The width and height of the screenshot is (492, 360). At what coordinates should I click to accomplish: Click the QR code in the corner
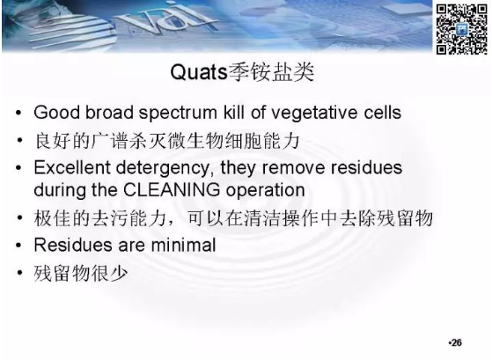pyautogui.click(x=461, y=29)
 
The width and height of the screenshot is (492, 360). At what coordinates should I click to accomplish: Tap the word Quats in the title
pyautogui.click(x=199, y=72)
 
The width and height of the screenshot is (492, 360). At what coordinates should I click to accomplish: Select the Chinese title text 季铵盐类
pyautogui.click(x=271, y=72)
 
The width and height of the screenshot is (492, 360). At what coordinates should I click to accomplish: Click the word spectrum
pyautogui.click(x=178, y=114)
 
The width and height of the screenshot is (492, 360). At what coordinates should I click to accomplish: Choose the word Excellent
pyautogui.click(x=72, y=167)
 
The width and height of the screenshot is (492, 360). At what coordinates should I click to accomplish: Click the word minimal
pyautogui.click(x=183, y=245)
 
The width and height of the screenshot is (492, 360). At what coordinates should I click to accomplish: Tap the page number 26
pyautogui.click(x=457, y=342)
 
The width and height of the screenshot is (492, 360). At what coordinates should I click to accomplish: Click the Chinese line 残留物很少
pyautogui.click(x=81, y=273)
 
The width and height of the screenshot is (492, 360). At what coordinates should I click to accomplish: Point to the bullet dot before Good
pyautogui.click(x=18, y=113)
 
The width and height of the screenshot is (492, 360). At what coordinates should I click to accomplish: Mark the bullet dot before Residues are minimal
pyautogui.click(x=18, y=245)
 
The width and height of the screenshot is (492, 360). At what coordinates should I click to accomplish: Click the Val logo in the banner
pyautogui.click(x=168, y=18)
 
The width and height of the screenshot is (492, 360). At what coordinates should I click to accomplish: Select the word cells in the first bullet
pyautogui.click(x=383, y=113)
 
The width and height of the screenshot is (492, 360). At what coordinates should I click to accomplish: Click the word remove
pyautogui.click(x=293, y=168)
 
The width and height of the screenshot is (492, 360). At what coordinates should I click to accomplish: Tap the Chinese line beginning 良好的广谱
pyautogui.click(x=166, y=141)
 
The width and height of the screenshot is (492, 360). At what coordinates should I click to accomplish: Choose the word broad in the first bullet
pyautogui.click(x=109, y=113)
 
